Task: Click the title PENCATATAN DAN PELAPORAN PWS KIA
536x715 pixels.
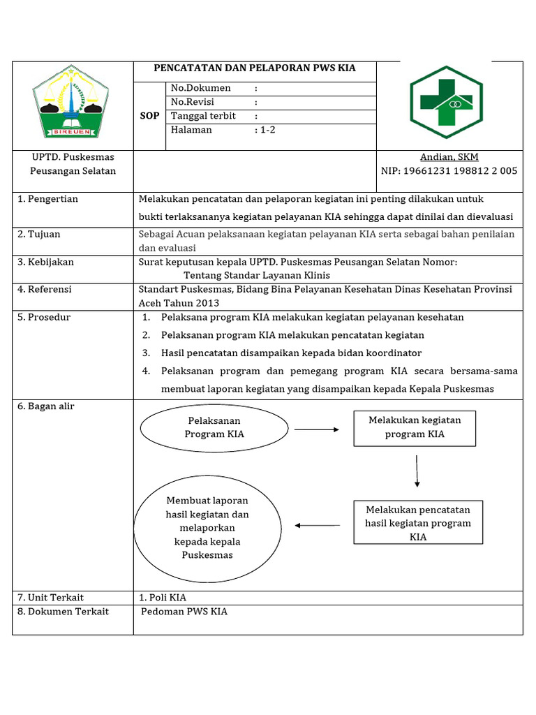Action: [x=255, y=68]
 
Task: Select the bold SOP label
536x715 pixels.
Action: [x=150, y=115]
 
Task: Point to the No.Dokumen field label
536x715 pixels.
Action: [x=201, y=89]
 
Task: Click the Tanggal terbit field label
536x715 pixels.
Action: [x=203, y=116]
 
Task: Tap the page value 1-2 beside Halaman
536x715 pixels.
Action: [x=267, y=129]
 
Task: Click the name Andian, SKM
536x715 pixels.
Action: [x=449, y=157]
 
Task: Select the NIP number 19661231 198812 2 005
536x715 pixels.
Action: [x=449, y=170]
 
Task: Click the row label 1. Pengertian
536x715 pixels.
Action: [x=48, y=199]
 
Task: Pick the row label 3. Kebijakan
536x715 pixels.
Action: [x=46, y=262]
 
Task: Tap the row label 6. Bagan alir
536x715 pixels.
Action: [x=46, y=406]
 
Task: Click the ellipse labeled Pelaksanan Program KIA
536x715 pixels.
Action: [x=214, y=427]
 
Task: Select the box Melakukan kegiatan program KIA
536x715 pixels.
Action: [x=415, y=427]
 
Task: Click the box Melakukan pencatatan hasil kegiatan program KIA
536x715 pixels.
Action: [x=418, y=523]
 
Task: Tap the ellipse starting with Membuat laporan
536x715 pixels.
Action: [x=207, y=528]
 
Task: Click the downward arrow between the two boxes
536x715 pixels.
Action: [x=417, y=471]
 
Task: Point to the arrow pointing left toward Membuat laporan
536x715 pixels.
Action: [x=318, y=525]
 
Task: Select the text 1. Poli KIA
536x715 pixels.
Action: [x=163, y=598]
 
